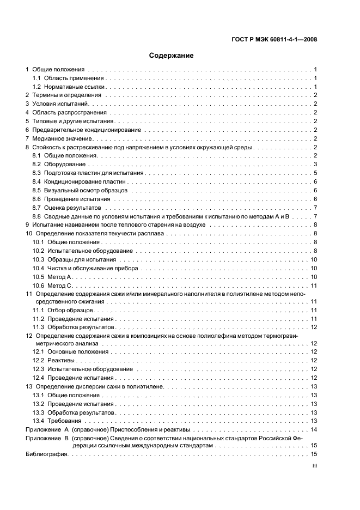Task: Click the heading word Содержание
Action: (x=171, y=56)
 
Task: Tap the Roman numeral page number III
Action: (x=314, y=466)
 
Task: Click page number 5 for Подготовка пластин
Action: (x=315, y=173)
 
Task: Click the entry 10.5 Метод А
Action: (x=53, y=277)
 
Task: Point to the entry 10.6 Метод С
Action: (x=53, y=285)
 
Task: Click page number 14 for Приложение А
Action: (x=314, y=429)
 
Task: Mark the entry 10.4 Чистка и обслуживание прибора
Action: (x=86, y=268)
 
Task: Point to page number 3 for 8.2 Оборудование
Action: (x=315, y=165)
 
